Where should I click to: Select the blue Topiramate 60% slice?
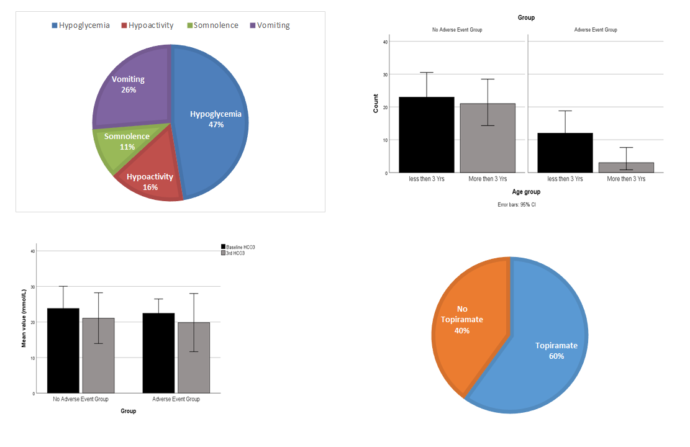pyautogui.click(x=547, y=348)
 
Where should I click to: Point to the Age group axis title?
pyautogui.click(x=526, y=192)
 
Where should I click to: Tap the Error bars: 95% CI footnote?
pyautogui.click(x=517, y=204)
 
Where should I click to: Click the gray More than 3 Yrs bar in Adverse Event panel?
pyautogui.click(x=626, y=168)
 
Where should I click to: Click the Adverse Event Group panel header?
pyautogui.click(x=596, y=30)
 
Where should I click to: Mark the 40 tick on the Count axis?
pyautogui.click(x=385, y=42)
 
